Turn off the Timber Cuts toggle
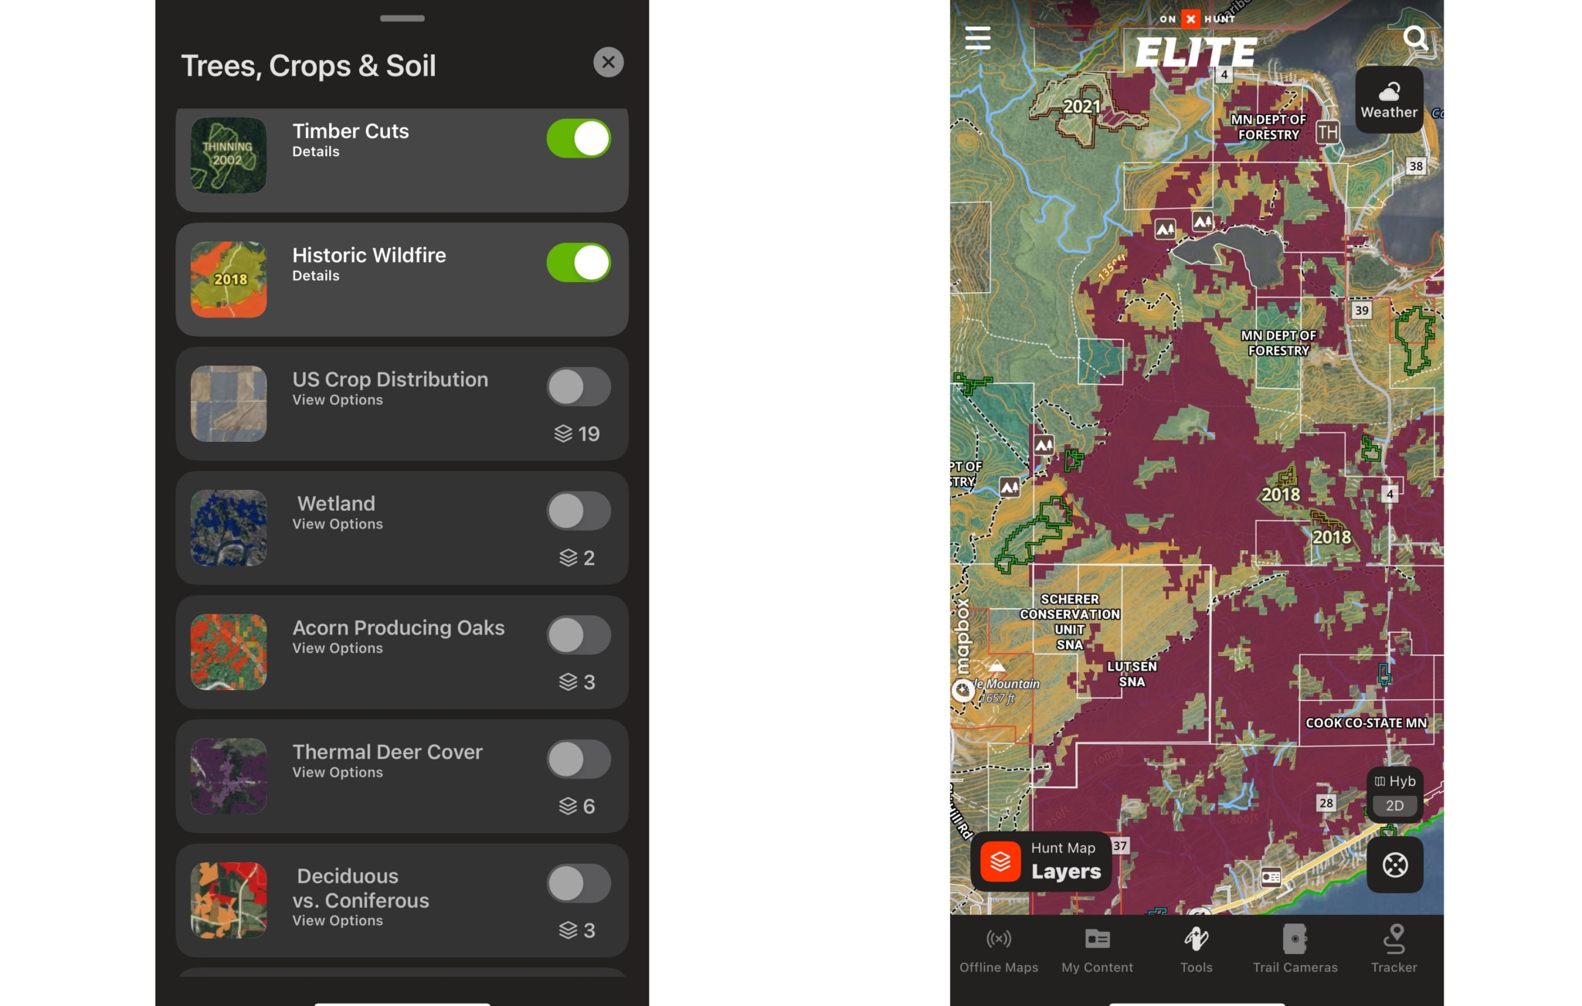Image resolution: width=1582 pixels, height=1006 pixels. click(578, 139)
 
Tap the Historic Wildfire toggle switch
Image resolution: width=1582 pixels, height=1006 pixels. click(578, 263)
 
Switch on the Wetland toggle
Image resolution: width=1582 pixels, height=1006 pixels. click(578, 511)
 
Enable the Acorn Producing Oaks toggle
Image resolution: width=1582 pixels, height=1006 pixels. click(578, 635)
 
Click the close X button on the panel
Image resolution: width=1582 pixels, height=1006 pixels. click(608, 63)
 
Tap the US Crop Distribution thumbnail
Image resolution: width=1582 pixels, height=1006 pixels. click(229, 403)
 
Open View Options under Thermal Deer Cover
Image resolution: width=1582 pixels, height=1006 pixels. click(338, 773)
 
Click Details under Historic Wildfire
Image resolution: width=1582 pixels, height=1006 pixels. click(315, 276)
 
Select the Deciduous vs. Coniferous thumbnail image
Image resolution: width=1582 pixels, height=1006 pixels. click(229, 900)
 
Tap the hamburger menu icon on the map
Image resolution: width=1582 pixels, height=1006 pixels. click(978, 38)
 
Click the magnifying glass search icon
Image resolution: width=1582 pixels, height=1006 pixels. click(1415, 38)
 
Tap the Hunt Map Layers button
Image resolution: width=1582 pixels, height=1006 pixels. click(1041, 862)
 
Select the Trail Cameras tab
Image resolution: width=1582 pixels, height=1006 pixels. click(1295, 949)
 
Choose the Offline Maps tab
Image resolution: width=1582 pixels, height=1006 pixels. click(998, 949)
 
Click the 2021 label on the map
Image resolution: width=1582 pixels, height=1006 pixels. click(1081, 107)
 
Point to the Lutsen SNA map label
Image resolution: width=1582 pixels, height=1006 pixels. click(1132, 674)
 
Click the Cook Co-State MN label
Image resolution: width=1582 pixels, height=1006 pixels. click(1366, 723)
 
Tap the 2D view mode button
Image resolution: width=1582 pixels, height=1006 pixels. click(1394, 806)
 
